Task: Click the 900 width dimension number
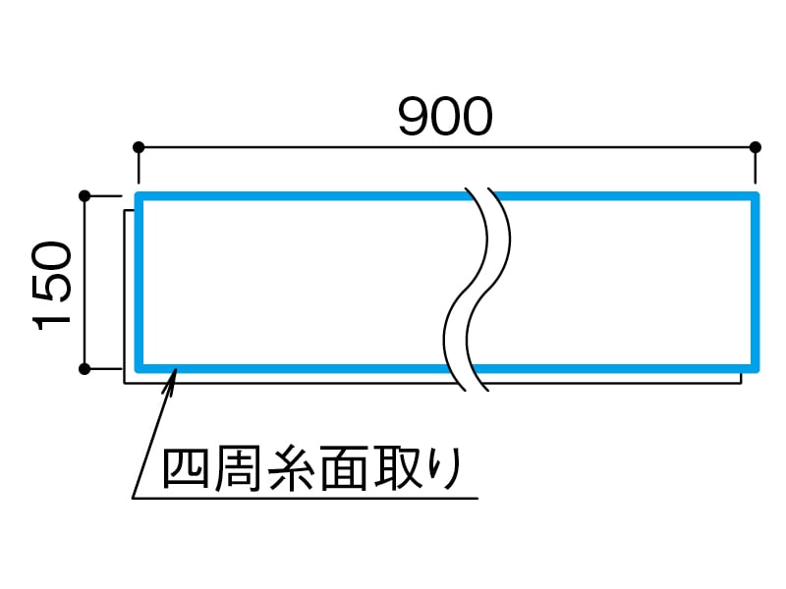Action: click(445, 118)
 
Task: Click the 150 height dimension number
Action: click(53, 286)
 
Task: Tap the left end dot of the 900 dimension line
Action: click(139, 147)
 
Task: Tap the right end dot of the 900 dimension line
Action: click(756, 147)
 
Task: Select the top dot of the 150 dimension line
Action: click(84, 196)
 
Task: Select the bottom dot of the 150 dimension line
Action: click(84, 369)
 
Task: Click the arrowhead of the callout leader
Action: click(173, 374)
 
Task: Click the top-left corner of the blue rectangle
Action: click(140, 197)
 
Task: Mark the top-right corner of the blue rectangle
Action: click(756, 197)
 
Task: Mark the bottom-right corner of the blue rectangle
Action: click(756, 369)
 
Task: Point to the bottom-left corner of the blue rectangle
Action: click(140, 369)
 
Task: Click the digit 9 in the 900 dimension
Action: click(414, 118)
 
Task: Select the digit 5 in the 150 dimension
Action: click(53, 286)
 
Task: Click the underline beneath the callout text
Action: click(305, 498)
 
